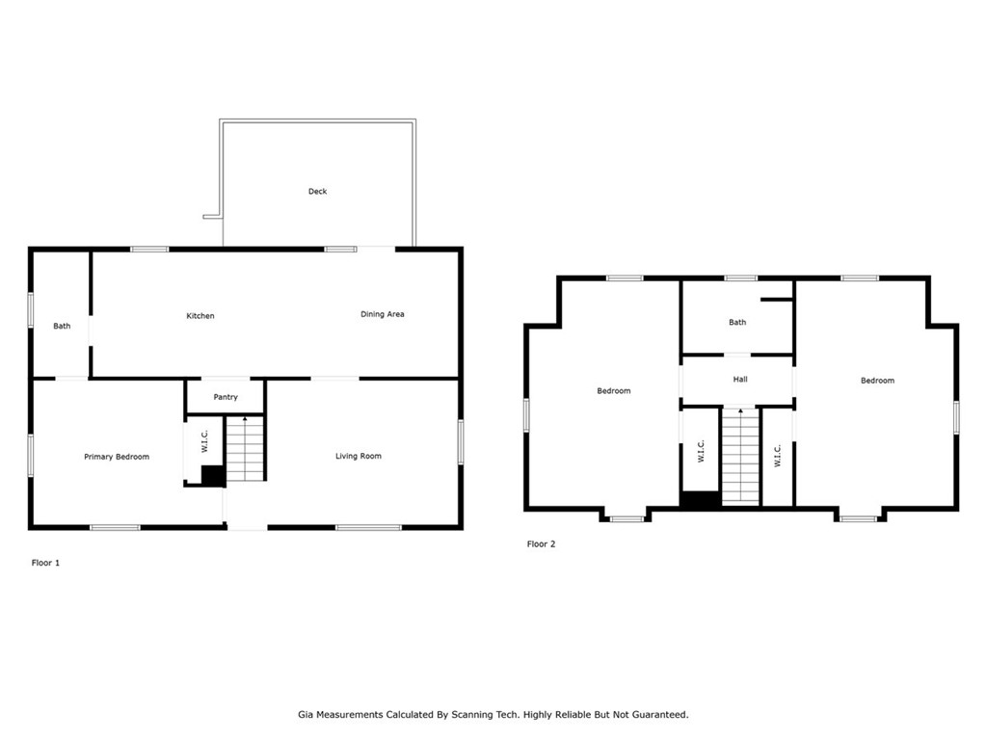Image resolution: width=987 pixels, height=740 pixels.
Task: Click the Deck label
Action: (x=317, y=192)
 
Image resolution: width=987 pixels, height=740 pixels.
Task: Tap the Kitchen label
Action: (x=200, y=316)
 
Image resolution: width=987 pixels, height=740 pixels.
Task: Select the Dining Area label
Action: (x=382, y=314)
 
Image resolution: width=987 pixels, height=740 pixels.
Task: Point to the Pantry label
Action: (x=226, y=397)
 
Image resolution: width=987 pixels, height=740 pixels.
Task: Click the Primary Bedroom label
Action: (x=117, y=457)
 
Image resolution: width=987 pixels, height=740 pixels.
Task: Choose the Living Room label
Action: (x=359, y=456)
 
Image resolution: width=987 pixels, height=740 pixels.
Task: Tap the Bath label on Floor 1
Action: (x=62, y=326)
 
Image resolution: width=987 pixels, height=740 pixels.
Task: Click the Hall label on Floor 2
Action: (x=740, y=380)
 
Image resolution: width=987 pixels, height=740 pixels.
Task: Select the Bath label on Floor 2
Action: (x=737, y=322)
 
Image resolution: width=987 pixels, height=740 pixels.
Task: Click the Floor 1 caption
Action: (x=45, y=563)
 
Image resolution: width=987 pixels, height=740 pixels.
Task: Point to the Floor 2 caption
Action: (x=542, y=543)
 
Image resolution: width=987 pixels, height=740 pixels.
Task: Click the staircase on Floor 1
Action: (x=245, y=449)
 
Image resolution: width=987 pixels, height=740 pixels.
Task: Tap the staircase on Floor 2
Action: (x=740, y=456)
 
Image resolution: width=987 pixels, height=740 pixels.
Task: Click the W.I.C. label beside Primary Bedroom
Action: (x=204, y=441)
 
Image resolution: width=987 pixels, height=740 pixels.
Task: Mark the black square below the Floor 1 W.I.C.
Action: (x=213, y=476)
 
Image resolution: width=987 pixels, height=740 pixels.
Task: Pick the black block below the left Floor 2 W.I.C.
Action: (x=700, y=500)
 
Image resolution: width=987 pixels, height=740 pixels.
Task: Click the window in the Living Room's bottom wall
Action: (x=368, y=527)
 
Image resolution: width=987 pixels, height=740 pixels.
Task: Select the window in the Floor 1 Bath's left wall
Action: (x=30, y=310)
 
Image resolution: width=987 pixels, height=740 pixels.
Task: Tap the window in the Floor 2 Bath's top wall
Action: (x=740, y=278)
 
